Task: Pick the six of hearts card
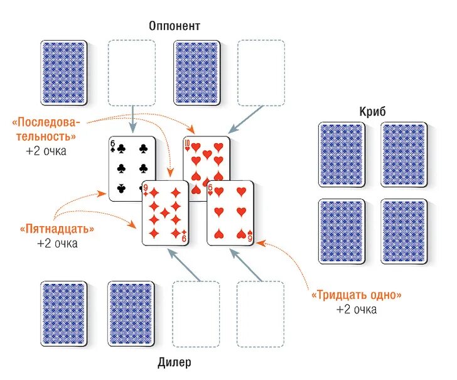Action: [230, 214]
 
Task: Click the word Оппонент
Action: [175, 26]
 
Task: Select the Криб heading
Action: [374, 111]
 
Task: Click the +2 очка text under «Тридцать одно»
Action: [356, 309]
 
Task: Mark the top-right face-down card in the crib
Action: [404, 155]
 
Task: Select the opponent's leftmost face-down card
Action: [63, 73]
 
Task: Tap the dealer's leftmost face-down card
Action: [63, 313]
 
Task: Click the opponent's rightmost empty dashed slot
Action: [261, 73]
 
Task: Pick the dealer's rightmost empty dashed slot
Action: [260, 313]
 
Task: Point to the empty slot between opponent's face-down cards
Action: [131, 73]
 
